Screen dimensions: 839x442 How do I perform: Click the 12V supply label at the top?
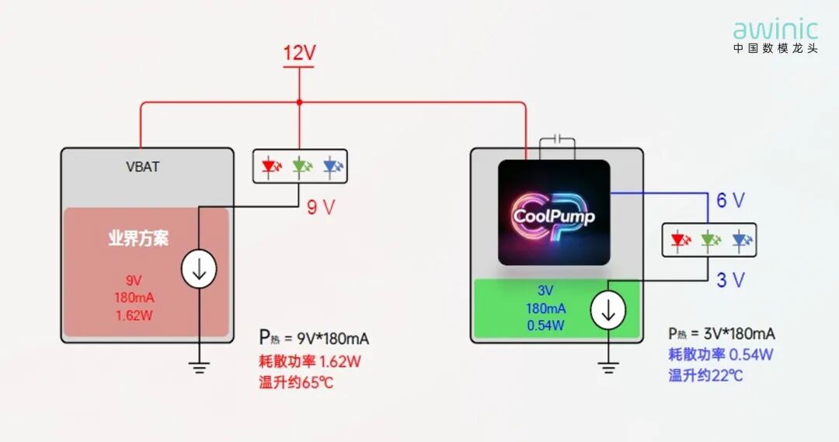click(299, 53)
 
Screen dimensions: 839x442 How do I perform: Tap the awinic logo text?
click(775, 30)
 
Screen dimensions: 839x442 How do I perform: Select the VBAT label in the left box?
click(142, 166)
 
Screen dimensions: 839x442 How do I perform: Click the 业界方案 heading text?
click(138, 238)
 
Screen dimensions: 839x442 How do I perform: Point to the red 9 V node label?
click(321, 207)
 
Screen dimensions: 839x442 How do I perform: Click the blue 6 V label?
click(730, 200)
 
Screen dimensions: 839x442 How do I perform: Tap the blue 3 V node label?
click(730, 280)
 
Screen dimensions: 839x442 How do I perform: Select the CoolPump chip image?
click(554, 212)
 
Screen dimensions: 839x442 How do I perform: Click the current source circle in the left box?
click(199, 269)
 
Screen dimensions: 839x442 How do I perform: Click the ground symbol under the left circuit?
click(199, 367)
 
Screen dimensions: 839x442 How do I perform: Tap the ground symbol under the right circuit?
click(608, 367)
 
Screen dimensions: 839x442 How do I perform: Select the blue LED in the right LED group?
click(742, 240)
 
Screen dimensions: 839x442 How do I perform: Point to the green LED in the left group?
click(301, 167)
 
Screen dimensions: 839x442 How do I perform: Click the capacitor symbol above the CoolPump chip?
click(557, 140)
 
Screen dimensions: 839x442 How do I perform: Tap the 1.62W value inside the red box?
click(134, 315)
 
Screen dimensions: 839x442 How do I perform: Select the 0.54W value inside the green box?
click(545, 325)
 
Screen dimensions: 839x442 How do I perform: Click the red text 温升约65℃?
click(296, 382)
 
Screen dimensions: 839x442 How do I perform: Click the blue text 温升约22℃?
click(705, 375)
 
